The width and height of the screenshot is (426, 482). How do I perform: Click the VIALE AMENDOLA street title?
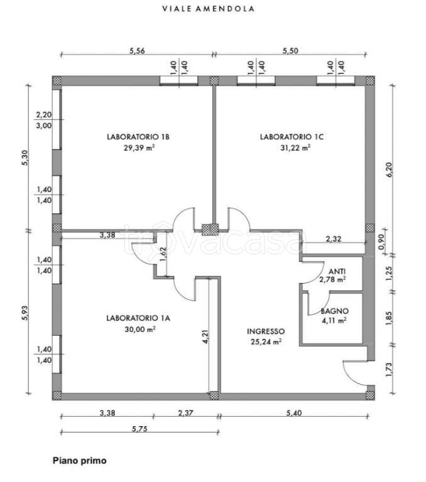209,9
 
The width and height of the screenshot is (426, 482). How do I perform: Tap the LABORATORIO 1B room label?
138,137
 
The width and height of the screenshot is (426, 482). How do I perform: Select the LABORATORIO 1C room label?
292,137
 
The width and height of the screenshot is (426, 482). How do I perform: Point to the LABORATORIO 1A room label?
138,318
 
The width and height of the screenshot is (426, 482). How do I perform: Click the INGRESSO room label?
266,331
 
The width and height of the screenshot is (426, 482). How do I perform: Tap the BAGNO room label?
335,311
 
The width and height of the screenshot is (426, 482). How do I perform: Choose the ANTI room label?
337,271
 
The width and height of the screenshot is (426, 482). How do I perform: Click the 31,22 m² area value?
295,148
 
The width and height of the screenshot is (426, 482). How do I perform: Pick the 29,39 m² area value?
139,148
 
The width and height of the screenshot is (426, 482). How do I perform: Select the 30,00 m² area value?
140,329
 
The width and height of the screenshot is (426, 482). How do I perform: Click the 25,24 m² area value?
266,341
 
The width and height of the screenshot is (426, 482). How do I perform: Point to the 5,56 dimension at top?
137,51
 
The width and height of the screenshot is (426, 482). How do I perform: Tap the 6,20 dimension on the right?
390,169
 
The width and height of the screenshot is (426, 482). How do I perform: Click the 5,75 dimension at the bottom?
139,429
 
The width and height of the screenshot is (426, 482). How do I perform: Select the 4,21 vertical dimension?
205,336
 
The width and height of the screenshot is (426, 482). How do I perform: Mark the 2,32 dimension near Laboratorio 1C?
334,238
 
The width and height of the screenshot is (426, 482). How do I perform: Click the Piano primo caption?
80,461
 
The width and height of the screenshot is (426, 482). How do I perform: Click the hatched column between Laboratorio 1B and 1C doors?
210,230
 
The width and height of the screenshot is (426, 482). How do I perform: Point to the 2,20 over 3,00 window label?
44,120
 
